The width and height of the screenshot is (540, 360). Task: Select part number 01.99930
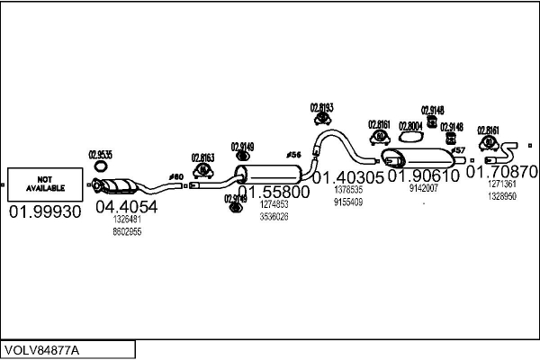(45, 211)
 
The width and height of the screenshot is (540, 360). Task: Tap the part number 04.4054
(126, 207)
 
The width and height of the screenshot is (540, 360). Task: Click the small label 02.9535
(100, 154)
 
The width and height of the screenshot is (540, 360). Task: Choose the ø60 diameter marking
(176, 175)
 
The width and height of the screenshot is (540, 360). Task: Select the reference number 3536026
(274, 217)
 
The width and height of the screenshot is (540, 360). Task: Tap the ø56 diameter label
(292, 155)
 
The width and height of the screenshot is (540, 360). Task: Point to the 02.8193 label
(322, 107)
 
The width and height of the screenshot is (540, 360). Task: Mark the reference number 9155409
(348, 202)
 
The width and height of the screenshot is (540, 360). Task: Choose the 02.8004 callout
(409, 125)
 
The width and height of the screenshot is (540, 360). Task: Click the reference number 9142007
(423, 189)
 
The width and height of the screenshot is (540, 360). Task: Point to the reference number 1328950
(502, 195)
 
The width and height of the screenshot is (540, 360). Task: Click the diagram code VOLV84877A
(42, 349)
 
